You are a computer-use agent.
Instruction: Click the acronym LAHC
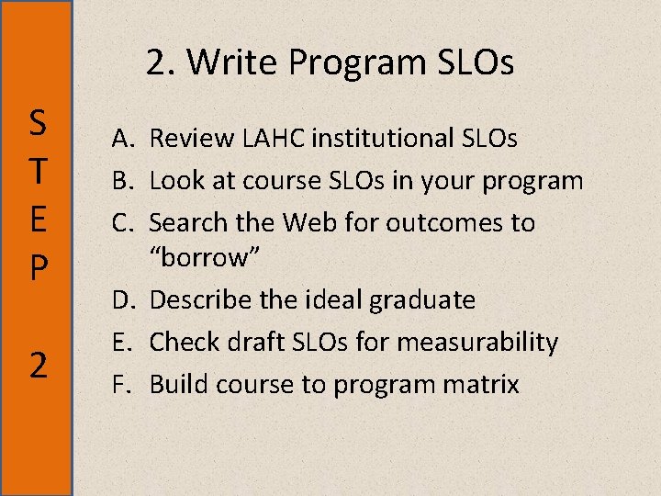(270, 139)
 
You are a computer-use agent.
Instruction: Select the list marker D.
(126, 300)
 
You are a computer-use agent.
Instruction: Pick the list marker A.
(126, 139)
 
